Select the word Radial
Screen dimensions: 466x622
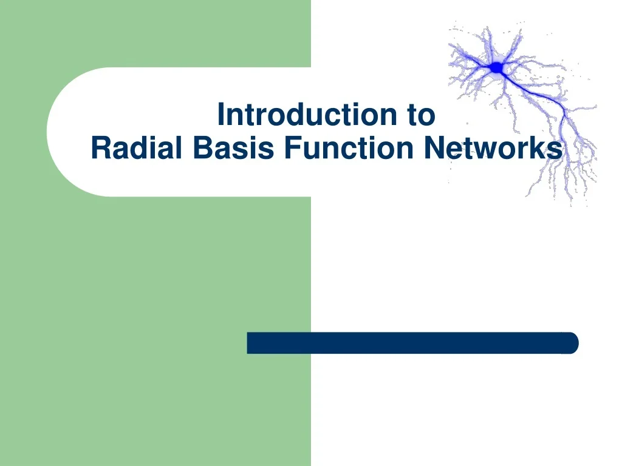pos(137,148)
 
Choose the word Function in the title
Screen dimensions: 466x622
pos(349,148)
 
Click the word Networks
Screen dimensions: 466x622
pos(493,148)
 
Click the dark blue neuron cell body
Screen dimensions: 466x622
pos(497,68)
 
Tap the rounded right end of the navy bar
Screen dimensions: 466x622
pos(572,343)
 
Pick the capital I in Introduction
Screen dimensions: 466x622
pos(221,115)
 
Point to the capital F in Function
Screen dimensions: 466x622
pos(291,148)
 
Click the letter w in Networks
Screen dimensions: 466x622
pos(488,150)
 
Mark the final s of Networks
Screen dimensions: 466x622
pos(555,150)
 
